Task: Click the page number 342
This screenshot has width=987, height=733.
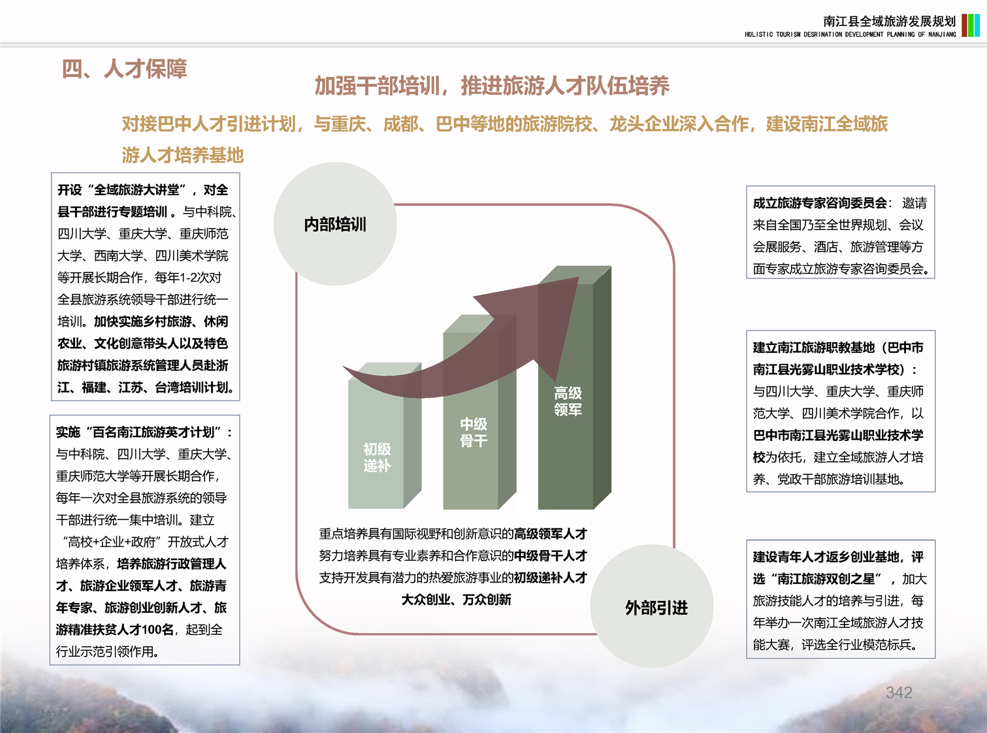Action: point(899,692)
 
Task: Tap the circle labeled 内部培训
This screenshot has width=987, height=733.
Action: point(335,224)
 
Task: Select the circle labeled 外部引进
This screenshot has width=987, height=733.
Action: point(652,606)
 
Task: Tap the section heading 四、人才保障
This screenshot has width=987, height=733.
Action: point(124,69)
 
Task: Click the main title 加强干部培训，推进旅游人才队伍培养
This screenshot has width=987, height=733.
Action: point(492,86)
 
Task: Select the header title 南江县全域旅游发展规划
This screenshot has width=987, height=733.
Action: point(889,21)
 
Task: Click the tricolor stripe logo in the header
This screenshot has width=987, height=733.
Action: point(971,25)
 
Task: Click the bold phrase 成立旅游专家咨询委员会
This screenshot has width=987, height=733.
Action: point(820,203)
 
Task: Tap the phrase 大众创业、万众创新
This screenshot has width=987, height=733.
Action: point(456,600)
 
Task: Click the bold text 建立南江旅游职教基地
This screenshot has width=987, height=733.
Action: point(814,348)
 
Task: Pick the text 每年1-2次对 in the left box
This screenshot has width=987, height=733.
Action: point(187,278)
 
